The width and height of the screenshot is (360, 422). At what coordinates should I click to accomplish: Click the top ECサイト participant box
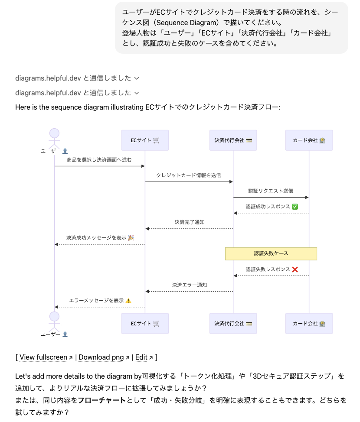click(x=145, y=140)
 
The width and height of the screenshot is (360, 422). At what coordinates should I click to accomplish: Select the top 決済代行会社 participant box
click(x=233, y=140)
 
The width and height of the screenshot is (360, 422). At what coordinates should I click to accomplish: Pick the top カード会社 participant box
click(x=309, y=140)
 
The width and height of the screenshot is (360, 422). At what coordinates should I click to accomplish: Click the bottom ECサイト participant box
click(x=145, y=324)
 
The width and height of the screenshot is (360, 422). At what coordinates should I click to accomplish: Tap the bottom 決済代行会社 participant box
click(x=233, y=324)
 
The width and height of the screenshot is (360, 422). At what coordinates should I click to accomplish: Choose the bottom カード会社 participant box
click(x=309, y=324)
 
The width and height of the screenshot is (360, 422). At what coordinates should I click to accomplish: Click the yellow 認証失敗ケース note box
click(x=271, y=253)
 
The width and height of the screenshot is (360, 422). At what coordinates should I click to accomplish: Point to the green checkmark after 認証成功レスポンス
click(x=295, y=207)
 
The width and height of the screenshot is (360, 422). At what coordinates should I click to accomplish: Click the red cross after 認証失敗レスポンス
click(x=295, y=269)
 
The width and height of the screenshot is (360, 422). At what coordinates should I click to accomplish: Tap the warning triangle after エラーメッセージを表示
click(x=128, y=301)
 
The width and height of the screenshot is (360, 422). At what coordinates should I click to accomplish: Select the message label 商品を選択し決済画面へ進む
click(x=99, y=160)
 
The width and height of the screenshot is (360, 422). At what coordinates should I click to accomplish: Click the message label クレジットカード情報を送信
click(x=189, y=175)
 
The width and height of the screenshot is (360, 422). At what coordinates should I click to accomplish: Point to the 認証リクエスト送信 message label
click(x=271, y=191)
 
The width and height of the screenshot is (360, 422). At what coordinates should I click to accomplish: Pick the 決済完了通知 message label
click(x=190, y=222)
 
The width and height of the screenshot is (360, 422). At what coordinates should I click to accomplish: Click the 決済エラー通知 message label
click(x=190, y=285)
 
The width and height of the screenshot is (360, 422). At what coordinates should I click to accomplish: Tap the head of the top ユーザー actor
click(x=54, y=133)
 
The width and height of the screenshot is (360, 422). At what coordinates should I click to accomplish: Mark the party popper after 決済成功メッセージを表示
click(x=131, y=238)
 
